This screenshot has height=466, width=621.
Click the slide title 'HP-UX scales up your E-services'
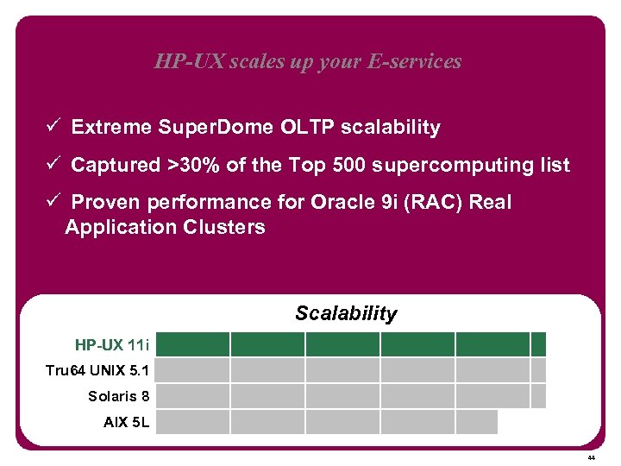coord(308,61)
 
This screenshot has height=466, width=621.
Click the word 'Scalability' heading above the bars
coord(346,313)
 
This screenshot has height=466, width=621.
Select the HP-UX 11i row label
coord(112,345)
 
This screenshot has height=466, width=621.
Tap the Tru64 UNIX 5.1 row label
coord(97,371)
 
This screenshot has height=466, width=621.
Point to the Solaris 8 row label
coord(119,396)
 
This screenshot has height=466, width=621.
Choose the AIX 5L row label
coord(126,422)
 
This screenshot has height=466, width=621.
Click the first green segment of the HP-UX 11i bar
coord(193,345)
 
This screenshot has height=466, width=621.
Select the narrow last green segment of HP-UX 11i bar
coord(539,345)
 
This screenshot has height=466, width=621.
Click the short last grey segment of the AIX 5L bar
coord(477,422)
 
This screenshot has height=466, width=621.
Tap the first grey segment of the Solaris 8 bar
coord(193,396)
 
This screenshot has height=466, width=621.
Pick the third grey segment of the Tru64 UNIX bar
coord(342,371)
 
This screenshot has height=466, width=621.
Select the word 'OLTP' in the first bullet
coord(307,128)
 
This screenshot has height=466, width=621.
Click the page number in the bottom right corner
coord(591,457)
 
